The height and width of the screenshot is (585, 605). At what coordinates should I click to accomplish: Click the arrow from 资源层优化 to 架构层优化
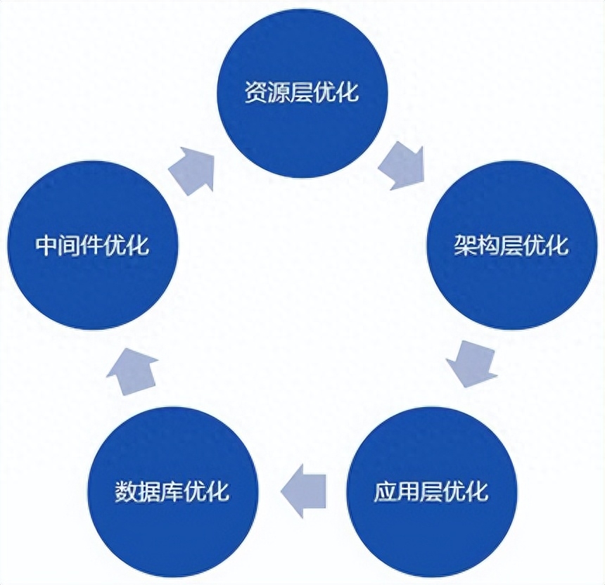[403, 167]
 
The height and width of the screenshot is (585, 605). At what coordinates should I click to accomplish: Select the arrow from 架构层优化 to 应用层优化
[472, 363]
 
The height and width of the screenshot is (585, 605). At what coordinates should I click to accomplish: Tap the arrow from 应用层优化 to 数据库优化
[304, 491]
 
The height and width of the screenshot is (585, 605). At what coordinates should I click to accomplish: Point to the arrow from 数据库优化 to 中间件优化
[132, 371]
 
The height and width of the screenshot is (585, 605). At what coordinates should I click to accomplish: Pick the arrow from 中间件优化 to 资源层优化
[193, 170]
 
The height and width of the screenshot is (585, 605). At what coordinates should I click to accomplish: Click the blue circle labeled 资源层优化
[302, 93]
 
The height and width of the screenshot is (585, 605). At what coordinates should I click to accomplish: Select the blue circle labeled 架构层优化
[512, 245]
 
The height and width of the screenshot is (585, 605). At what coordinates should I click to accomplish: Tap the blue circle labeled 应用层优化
[432, 492]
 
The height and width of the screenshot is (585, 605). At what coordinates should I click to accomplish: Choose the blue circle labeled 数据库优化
[173, 492]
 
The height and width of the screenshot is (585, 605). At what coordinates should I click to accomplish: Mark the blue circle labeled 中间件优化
[93, 245]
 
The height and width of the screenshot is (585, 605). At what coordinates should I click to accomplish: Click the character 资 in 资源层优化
[257, 92]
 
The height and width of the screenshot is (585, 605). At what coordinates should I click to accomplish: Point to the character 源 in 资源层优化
[279, 92]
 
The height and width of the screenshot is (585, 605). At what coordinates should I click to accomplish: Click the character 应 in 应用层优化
[386, 491]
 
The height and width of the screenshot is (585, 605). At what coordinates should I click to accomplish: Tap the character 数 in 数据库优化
[127, 491]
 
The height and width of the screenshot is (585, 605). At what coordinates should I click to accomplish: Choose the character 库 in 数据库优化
[172, 491]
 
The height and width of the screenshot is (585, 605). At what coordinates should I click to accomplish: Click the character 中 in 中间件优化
[47, 245]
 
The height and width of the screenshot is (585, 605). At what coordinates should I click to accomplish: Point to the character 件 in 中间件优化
[93, 245]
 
